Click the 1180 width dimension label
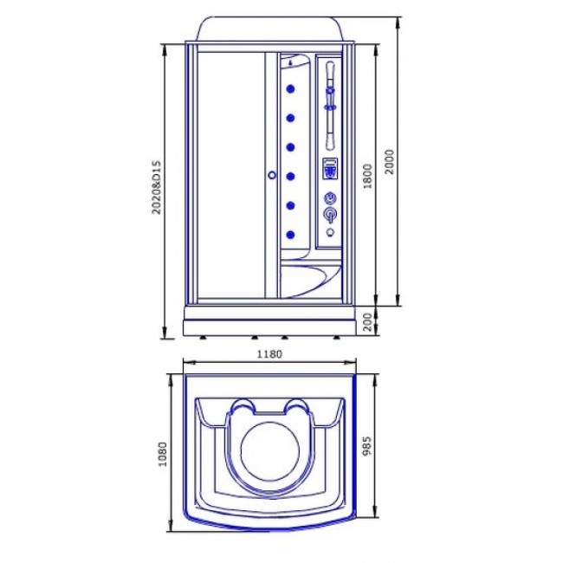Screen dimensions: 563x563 pos(269,354)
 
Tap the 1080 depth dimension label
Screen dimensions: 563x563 pos(163,454)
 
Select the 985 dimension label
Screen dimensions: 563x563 pos(366,446)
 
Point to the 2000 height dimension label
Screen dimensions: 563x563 pos(389,162)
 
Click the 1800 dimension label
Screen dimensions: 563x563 pos(367,177)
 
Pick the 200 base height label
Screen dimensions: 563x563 pos(366,322)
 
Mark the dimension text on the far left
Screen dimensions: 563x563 pos(157,187)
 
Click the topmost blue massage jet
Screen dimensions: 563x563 pos(290,88)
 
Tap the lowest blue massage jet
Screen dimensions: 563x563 pos(290,235)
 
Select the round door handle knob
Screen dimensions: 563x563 pos(272,175)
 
